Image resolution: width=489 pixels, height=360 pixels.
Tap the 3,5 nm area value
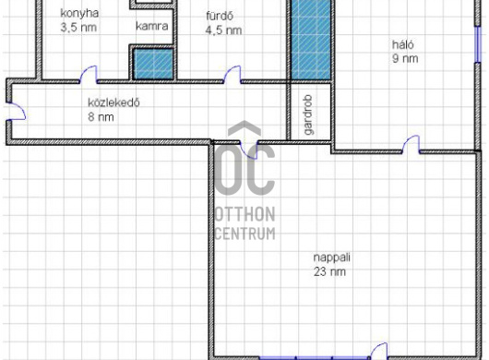tap(78, 28)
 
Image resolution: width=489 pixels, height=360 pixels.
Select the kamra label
tap(152, 26)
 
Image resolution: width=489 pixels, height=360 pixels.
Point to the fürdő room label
tap(220, 16)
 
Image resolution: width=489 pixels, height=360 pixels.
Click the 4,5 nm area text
tap(223, 30)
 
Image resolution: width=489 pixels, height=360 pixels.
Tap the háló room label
tap(403, 44)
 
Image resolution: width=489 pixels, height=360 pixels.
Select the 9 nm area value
tap(405, 59)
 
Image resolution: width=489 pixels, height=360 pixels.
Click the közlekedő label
tap(113, 102)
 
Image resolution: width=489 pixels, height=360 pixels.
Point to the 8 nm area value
tap(101, 117)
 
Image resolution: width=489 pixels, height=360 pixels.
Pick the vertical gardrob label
tap(308, 114)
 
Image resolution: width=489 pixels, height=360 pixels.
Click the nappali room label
tap(332, 258)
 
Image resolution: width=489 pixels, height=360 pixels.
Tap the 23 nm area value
tap(329, 271)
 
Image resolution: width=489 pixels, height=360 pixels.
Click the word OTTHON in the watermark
tap(245, 214)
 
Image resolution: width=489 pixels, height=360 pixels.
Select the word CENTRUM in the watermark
tap(245, 234)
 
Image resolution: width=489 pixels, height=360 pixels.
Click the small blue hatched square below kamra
tap(153, 64)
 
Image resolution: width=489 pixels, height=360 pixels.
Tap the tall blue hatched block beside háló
tap(311, 40)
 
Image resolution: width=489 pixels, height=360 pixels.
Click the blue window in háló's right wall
tap(477, 44)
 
